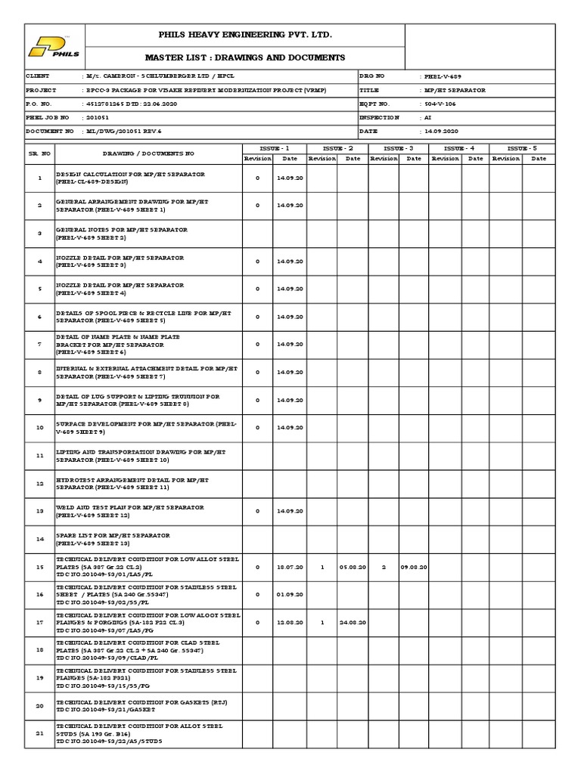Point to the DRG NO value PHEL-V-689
coord(441,77)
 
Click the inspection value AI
coord(428,118)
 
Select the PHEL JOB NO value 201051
coord(98,118)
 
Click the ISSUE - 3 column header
coord(398,148)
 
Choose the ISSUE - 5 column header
coord(520,148)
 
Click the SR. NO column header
coord(39,153)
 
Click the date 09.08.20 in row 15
coord(414,567)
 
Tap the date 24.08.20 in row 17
coord(353,622)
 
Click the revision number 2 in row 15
coord(383,567)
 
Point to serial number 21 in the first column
coord(39,733)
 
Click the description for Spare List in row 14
coord(113,539)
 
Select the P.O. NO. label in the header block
coord(39,104)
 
